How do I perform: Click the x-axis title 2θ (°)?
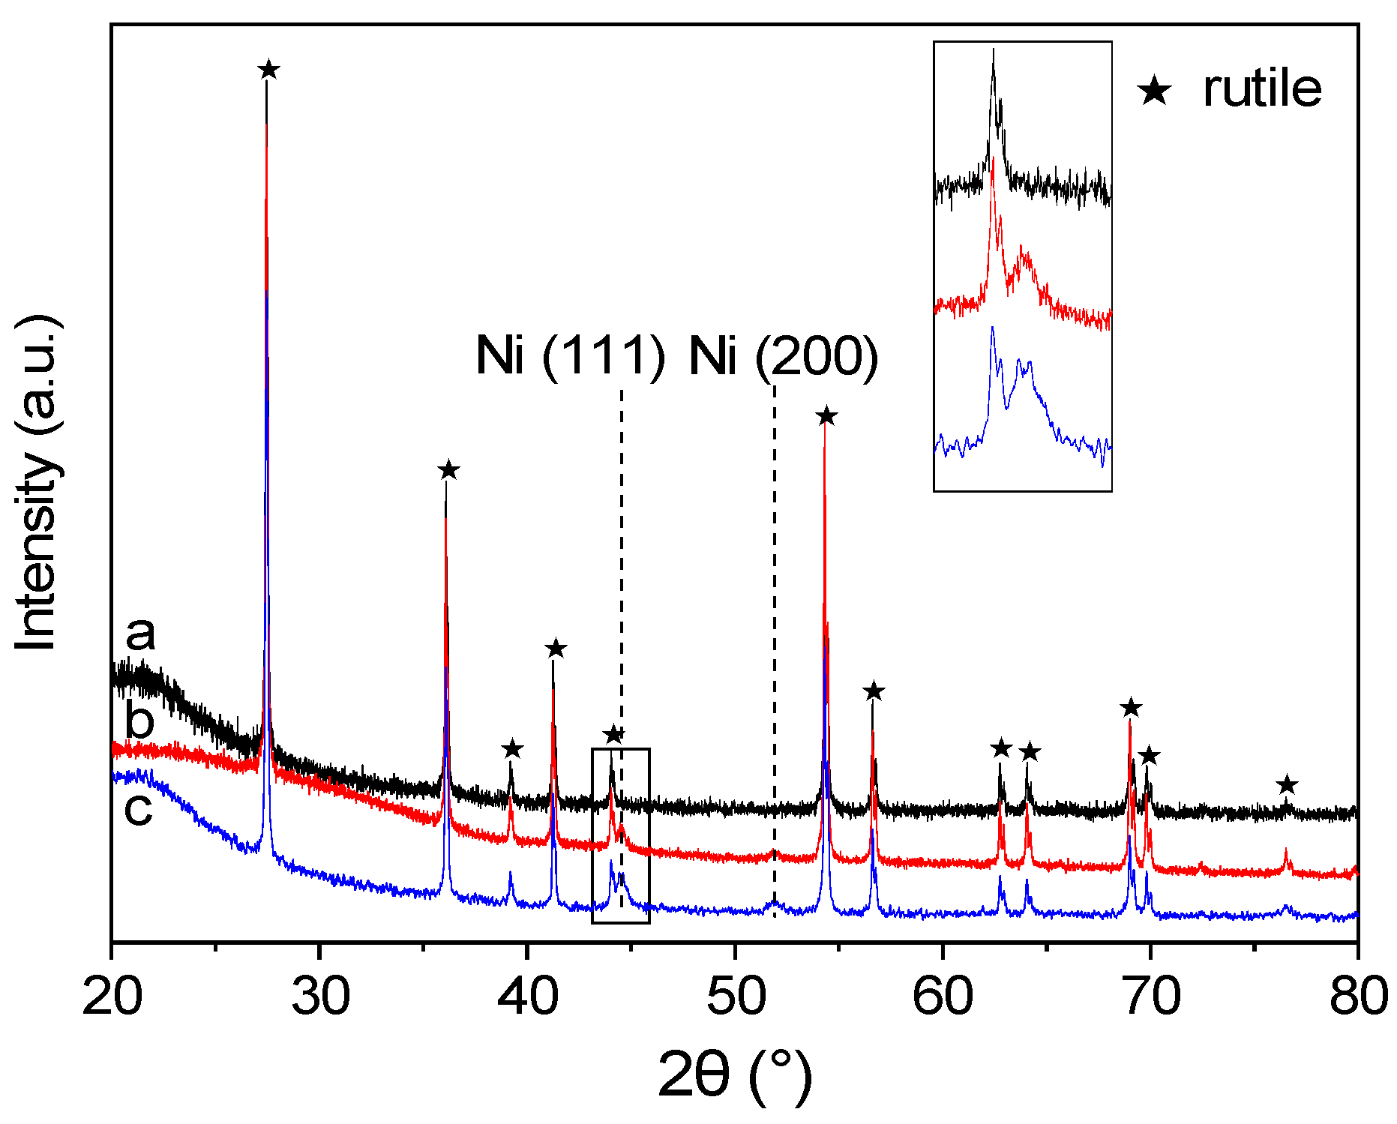pyautogui.click(x=735, y=1075)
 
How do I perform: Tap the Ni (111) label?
pyautogui.click(x=570, y=355)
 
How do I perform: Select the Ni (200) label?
pyautogui.click(x=784, y=355)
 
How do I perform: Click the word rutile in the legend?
pyautogui.click(x=1262, y=89)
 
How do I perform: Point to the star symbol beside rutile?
pyautogui.click(x=1154, y=91)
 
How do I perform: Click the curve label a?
pyautogui.click(x=140, y=634)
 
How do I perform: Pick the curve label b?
pyautogui.click(x=139, y=720)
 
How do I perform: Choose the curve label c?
pyautogui.click(x=138, y=808)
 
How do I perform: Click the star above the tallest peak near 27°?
pyautogui.click(x=268, y=70)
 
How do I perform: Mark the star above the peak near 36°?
pyautogui.click(x=448, y=470)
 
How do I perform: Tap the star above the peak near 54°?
pyautogui.click(x=826, y=416)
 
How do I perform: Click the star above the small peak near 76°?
pyautogui.click(x=1287, y=785)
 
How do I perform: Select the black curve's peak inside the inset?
pyautogui.click(x=993, y=52)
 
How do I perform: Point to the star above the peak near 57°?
pyautogui.click(x=873, y=691)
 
